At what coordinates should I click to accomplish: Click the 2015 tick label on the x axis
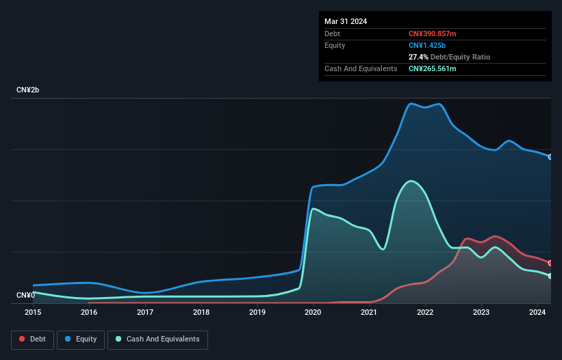pos(33,312)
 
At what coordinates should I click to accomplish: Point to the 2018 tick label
pos(201,312)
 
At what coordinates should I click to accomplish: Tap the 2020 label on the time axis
pos(313,312)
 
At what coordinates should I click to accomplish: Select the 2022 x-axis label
pos(425,312)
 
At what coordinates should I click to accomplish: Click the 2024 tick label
pos(537,312)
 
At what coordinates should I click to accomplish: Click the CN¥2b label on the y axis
pos(28,90)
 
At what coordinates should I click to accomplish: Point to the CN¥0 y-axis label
pos(25,295)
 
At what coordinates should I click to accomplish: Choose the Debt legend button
pos(32,339)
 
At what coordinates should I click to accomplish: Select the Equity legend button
pos(80,339)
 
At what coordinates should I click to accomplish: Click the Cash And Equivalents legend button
pos(157,339)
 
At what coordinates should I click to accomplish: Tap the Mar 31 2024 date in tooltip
pos(346,21)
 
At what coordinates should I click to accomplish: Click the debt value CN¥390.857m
pos(432,34)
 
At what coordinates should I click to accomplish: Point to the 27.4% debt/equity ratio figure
pos(418,57)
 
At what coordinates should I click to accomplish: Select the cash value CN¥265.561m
pos(432,68)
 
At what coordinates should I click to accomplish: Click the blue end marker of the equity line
pos(550,157)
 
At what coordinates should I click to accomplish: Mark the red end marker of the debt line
pos(550,263)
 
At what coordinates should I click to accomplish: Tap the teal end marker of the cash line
pos(550,275)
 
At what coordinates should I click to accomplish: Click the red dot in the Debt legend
pos(22,339)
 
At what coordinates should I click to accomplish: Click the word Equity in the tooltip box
pos(335,45)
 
